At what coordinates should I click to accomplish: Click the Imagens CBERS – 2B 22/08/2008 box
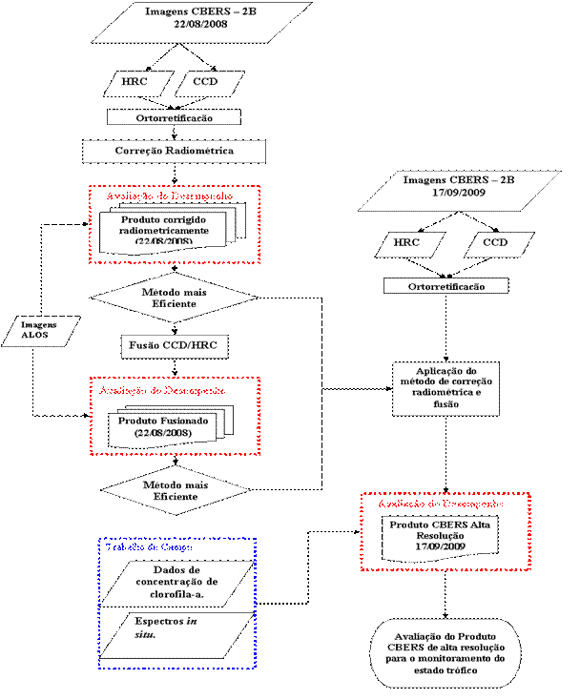pos(200,22)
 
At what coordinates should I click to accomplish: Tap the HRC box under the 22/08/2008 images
pos(135,83)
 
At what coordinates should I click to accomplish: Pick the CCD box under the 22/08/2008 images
pos(205,83)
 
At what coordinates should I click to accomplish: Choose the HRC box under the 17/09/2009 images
pos(405,244)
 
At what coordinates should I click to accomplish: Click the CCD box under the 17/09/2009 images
pos(495,244)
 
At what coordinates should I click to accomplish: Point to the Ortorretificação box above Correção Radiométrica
pos(173,118)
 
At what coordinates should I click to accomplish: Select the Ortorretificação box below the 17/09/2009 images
pos(445,286)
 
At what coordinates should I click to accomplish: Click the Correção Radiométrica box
pos(174,152)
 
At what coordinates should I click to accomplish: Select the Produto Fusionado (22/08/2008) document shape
pos(155,426)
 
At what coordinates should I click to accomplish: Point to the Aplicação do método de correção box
pos(445,387)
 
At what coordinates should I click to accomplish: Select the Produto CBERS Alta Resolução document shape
pos(440,536)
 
